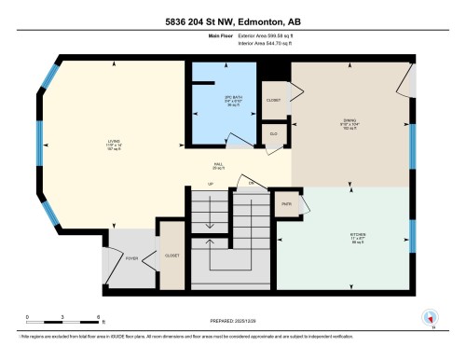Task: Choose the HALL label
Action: pos(218,164)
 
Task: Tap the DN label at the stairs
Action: pos(251,184)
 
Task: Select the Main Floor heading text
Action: pos(193,38)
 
